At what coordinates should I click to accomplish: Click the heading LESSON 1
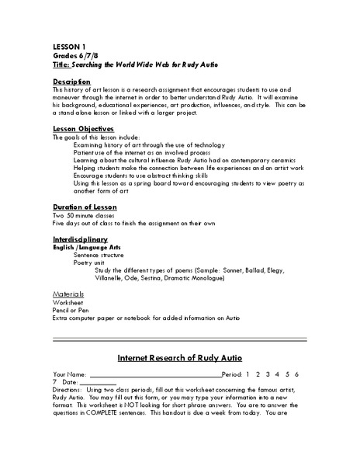point(67,46)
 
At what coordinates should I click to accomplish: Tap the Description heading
point(72,81)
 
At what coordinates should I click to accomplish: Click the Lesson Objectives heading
point(84,128)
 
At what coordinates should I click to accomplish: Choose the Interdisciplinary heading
point(80,239)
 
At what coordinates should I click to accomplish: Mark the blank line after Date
point(99,384)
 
